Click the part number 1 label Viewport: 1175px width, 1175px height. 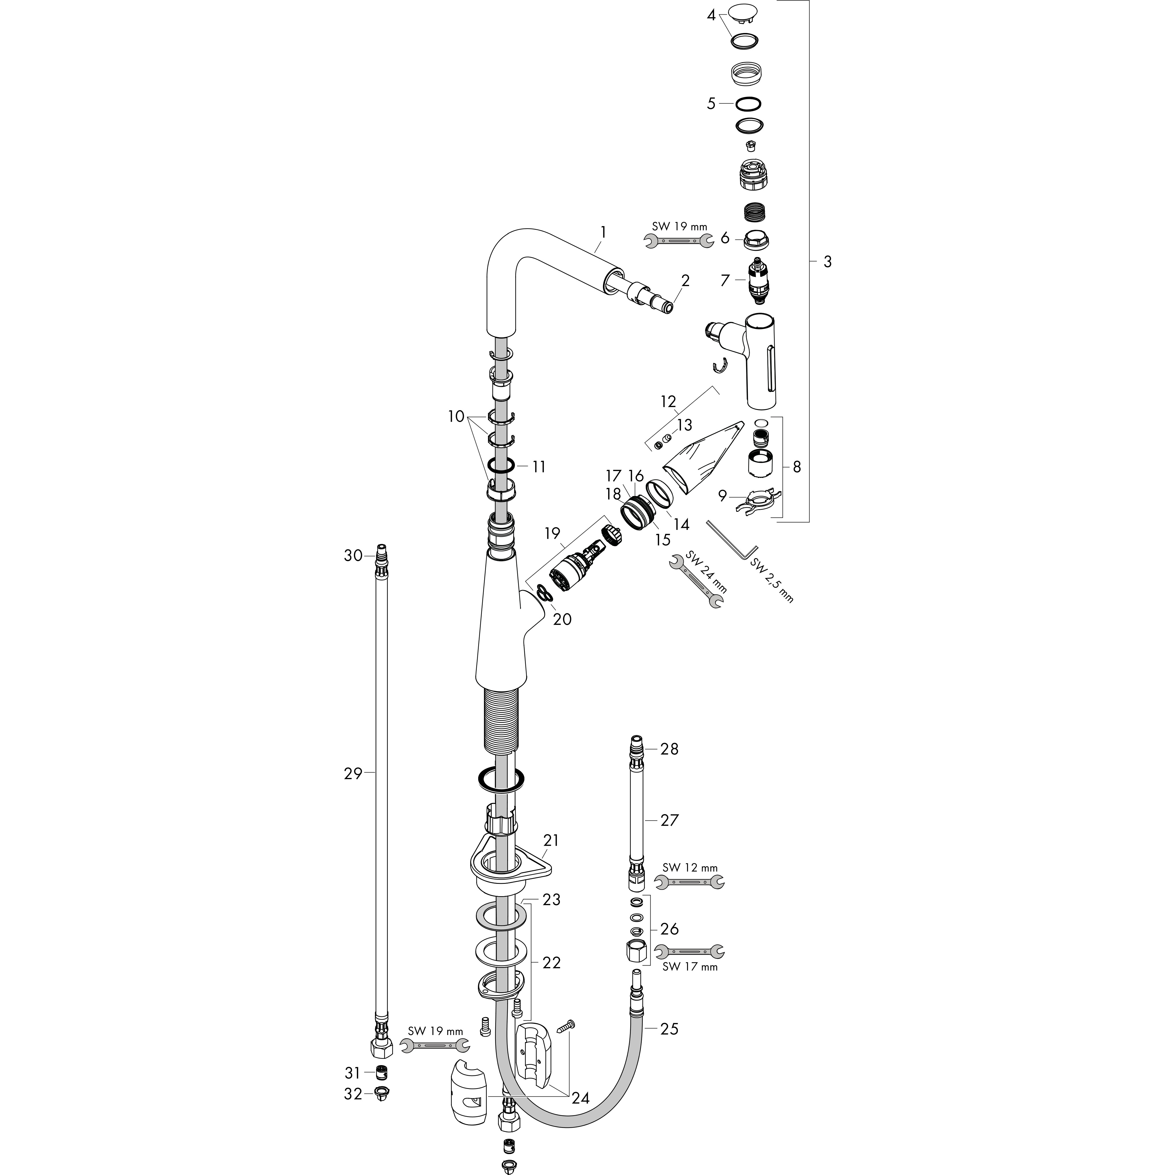pos(603,232)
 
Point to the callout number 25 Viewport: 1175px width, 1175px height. pos(669,1029)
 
